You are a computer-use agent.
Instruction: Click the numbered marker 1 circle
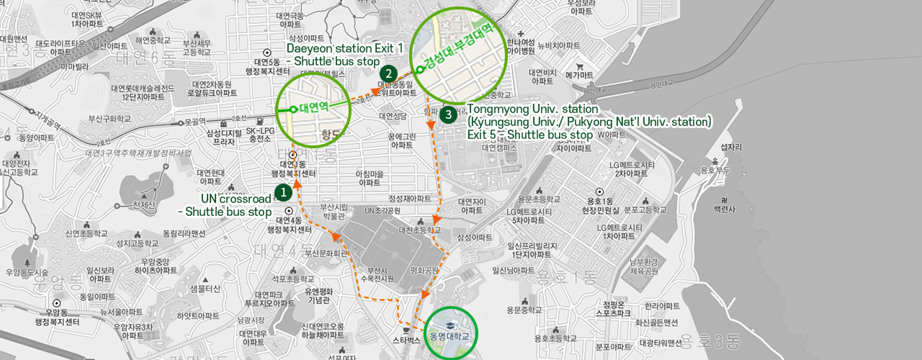click(283, 192)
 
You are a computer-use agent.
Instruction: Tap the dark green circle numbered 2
click(388, 73)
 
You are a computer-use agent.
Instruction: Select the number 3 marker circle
click(449, 114)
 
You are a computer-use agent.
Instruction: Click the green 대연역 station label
click(313, 109)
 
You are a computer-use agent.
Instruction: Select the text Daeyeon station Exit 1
click(344, 48)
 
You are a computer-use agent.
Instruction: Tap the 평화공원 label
click(424, 271)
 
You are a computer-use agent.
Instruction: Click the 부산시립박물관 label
click(334, 210)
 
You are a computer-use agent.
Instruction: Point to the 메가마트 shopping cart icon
click(579, 67)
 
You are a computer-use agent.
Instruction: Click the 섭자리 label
click(731, 148)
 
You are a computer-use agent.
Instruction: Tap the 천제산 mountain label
click(144, 205)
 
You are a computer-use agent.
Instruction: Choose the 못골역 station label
click(195, 122)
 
